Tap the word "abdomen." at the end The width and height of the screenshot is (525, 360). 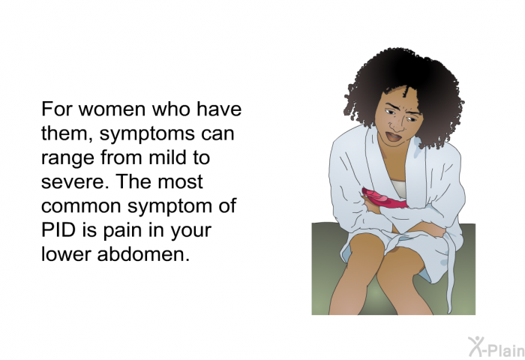pos(143,254)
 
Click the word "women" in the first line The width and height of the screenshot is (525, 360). pos(112,109)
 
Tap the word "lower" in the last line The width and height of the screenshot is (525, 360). pos(66,254)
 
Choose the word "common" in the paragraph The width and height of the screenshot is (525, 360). pos(81,206)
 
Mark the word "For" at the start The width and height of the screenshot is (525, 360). pos(56,109)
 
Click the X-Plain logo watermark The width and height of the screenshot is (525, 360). pos(496,346)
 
